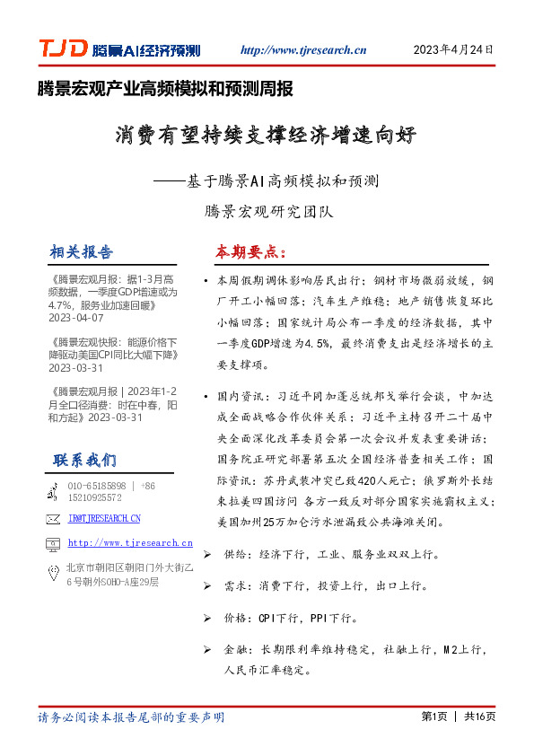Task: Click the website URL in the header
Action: [303, 50]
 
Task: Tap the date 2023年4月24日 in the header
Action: [453, 50]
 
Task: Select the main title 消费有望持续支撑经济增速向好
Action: [267, 136]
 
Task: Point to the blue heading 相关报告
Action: [83, 251]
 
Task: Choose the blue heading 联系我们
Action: [84, 461]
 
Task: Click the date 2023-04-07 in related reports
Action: [76, 318]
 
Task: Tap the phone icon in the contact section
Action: [53, 491]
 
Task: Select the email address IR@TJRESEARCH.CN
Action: [104, 518]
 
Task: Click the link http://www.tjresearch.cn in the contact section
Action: [130, 543]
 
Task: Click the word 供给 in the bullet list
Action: [236, 556]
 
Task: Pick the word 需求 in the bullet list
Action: [236, 586]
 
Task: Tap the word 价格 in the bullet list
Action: [236, 618]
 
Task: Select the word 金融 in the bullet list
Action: [236, 648]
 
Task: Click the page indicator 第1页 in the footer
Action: [433, 716]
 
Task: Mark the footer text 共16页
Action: [479, 716]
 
